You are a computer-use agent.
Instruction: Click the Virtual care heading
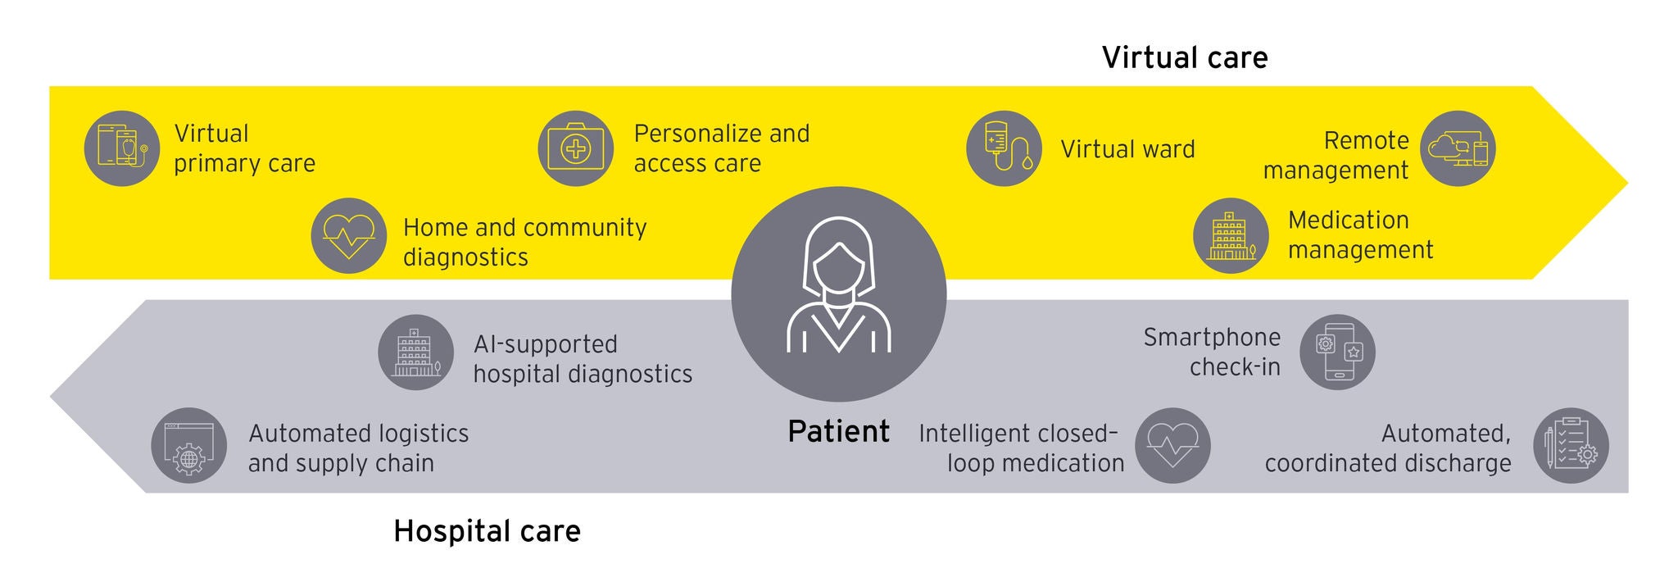tap(1184, 57)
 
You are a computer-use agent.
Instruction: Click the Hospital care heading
tap(487, 531)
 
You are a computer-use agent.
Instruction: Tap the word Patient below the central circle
tap(838, 431)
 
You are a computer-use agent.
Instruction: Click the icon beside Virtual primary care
tap(122, 148)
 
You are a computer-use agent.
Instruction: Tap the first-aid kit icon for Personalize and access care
tap(575, 148)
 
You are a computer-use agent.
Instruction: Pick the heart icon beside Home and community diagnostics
tap(349, 235)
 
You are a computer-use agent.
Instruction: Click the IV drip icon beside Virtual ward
tap(1004, 148)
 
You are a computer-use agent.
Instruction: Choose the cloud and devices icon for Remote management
tap(1458, 148)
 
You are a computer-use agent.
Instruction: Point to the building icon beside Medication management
tap(1231, 235)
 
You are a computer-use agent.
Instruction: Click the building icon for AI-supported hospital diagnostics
tap(416, 352)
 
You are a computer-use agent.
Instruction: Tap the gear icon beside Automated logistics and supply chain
tap(189, 446)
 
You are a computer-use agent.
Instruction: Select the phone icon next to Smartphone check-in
tap(1337, 352)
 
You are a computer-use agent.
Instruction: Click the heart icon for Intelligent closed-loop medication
tap(1172, 446)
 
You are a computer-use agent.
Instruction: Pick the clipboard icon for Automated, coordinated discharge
tap(1571, 446)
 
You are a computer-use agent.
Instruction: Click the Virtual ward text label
tap(1127, 149)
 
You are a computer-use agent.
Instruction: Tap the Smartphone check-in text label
tap(1213, 352)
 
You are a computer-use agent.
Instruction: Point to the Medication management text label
tap(1360, 235)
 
